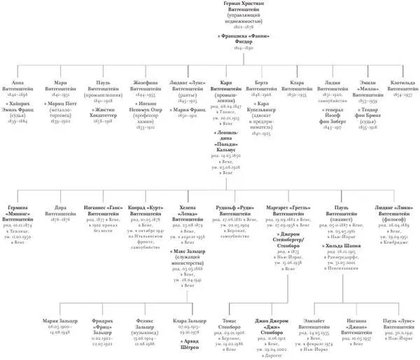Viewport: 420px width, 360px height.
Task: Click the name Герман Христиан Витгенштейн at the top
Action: point(210,7)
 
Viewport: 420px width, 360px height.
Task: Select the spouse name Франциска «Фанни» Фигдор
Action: point(210,36)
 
